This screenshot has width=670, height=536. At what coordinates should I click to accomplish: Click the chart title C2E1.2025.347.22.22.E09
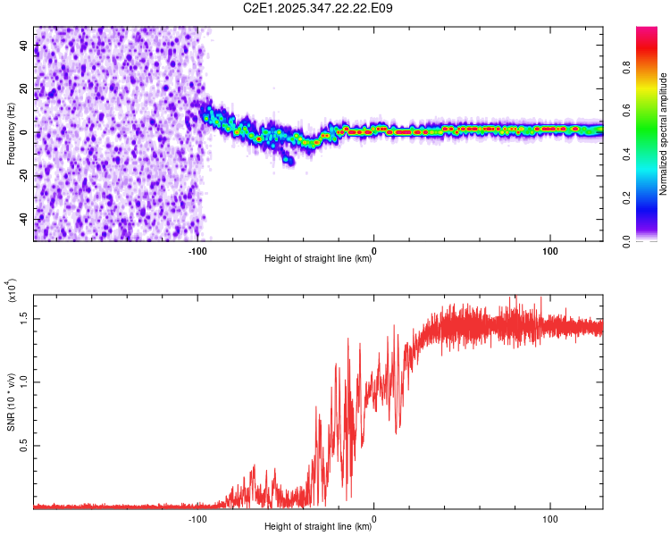[319, 8]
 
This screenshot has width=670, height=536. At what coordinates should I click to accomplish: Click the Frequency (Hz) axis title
[11, 134]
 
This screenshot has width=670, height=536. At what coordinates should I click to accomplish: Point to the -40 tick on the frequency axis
[23, 220]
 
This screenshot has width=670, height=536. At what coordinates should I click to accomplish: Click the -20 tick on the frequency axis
[23, 176]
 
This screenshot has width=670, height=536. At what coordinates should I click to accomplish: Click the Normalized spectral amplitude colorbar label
[663, 134]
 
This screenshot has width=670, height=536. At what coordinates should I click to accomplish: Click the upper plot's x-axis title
[318, 259]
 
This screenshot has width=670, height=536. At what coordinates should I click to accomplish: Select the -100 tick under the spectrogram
[197, 251]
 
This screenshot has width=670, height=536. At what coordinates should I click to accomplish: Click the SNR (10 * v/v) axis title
[11, 400]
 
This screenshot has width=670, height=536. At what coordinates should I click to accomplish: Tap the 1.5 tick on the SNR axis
[23, 317]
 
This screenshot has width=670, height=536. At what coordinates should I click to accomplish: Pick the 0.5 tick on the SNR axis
[23, 446]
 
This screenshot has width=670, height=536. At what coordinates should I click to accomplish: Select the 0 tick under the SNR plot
[373, 519]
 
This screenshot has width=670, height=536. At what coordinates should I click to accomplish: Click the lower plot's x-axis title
[318, 527]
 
